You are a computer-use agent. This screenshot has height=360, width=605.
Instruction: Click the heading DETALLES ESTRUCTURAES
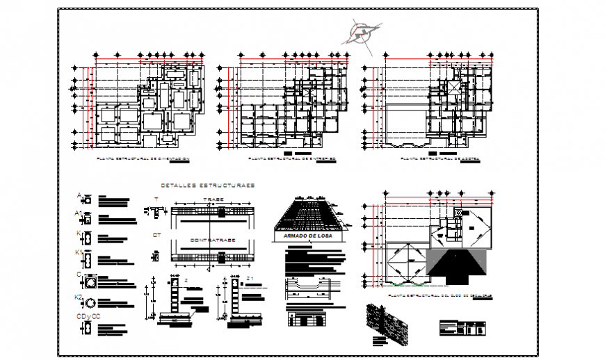207,186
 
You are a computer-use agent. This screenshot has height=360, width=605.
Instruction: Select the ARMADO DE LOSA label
307,237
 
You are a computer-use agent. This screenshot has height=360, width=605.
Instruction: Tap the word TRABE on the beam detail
212,199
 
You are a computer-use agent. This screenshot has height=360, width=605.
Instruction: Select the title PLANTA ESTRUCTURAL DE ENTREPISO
292,159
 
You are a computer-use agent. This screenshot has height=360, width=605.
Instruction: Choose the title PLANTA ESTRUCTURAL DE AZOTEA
440,159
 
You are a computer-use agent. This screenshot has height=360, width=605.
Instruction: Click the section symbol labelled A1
88,220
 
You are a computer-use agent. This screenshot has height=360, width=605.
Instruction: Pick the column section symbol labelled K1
88,260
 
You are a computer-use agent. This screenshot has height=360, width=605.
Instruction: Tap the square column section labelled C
88,283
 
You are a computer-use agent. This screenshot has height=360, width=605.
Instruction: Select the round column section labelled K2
88,304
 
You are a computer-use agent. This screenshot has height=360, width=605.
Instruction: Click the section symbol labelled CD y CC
88,329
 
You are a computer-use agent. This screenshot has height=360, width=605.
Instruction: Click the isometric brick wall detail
390,322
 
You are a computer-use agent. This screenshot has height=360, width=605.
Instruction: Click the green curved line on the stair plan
404,284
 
